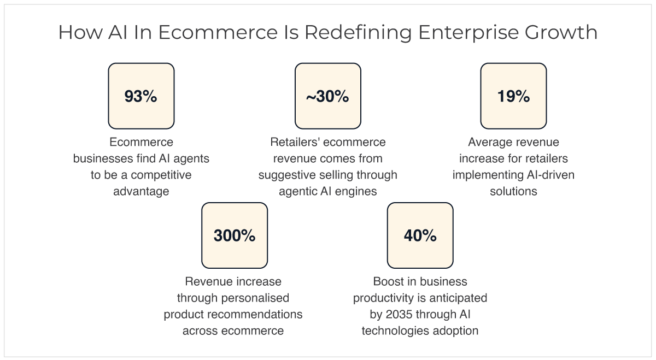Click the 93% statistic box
tap(141, 96)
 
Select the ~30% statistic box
tap(327, 96)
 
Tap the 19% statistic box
tap(513, 96)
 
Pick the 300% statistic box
tap(235, 235)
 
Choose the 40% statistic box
tap(420, 235)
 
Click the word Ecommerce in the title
tap(218, 32)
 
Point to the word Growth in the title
tap(561, 32)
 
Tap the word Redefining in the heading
tap(359, 33)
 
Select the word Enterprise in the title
tap(468, 33)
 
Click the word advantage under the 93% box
tap(141, 191)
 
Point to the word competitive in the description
tap(161, 175)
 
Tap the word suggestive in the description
tap(288, 175)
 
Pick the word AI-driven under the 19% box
tap(550, 175)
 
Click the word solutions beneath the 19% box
tap(513, 191)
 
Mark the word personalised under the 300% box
tap(255, 298)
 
